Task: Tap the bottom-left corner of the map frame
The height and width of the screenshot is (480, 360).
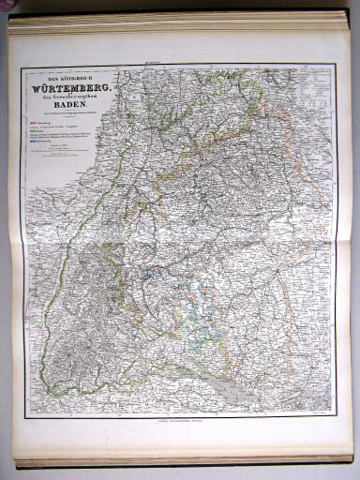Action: (25, 416)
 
